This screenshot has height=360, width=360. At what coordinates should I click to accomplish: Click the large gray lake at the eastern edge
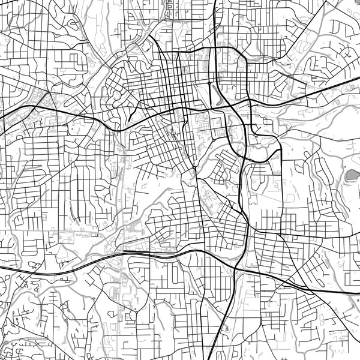(x=350, y=176)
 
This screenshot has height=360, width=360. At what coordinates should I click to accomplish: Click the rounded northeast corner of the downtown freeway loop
(x=241, y=57)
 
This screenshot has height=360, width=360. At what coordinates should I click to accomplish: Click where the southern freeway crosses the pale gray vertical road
(x=123, y=256)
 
